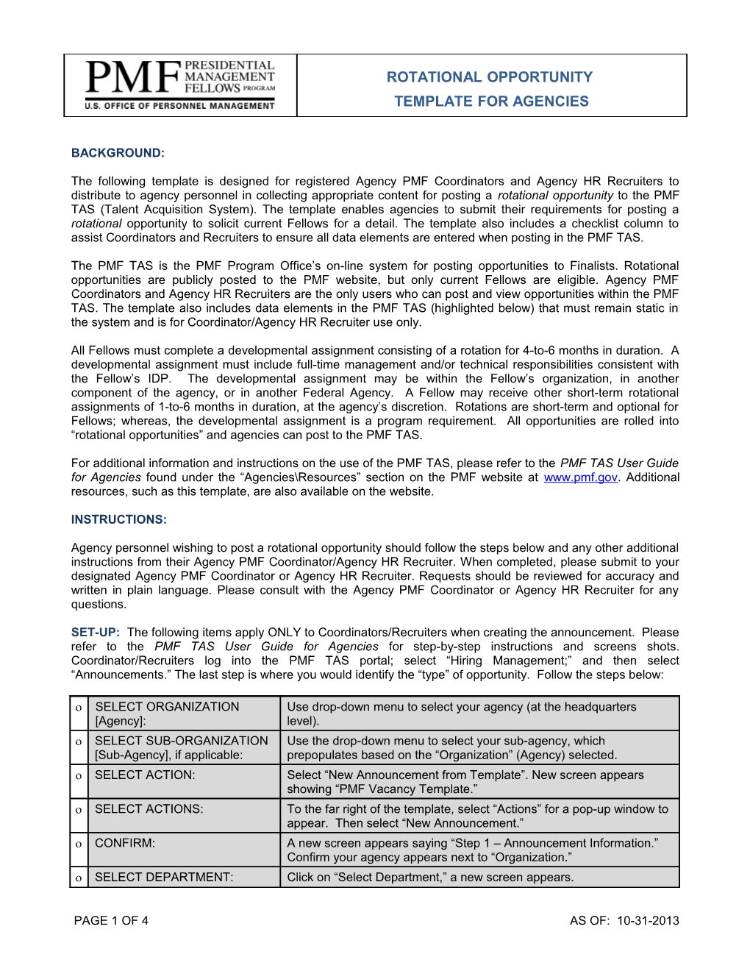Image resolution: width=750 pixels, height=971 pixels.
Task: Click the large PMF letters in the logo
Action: [133, 78]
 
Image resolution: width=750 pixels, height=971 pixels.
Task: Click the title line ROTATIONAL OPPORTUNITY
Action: [490, 77]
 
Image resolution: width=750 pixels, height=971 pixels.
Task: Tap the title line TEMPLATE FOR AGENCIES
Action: [491, 102]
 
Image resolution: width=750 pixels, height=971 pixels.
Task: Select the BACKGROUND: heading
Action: [118, 153]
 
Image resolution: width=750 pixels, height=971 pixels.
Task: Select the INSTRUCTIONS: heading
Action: [119, 519]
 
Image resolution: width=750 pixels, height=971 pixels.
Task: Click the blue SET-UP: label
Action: [95, 633]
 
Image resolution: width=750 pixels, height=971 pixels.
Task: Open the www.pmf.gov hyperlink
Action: [580, 477]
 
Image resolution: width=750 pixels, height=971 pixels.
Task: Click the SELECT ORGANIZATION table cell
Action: [183, 714]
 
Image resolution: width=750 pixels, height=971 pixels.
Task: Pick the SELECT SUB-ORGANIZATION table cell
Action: [183, 747]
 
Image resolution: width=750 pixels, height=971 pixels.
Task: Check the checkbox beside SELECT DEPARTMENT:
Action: [78, 878]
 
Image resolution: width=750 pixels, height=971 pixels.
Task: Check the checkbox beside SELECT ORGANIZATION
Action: [78, 708]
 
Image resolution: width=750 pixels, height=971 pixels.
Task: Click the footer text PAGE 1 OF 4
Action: [111, 920]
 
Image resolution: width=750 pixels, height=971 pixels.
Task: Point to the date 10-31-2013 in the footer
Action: [648, 920]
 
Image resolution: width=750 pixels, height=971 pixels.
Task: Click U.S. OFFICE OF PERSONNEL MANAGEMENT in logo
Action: [179, 106]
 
